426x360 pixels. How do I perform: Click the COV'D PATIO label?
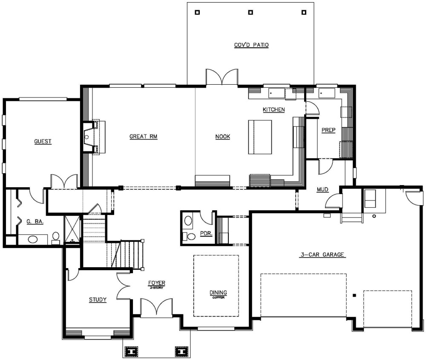point(251,45)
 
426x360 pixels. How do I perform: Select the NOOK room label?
point(222,137)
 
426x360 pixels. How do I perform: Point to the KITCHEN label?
point(273,110)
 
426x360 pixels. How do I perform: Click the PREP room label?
point(328,131)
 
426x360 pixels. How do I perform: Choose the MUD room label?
point(322,189)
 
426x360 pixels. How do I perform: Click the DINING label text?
point(218,293)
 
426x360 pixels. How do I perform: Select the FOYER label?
point(156,283)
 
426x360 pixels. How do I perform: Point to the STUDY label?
point(98,300)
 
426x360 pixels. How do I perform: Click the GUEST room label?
point(43,141)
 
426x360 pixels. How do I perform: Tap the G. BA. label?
point(35,222)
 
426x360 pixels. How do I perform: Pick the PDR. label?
point(206,234)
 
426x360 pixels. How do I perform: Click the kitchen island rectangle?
point(260,137)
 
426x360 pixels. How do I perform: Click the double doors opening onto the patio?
point(222,77)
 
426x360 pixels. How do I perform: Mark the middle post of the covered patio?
point(250,12)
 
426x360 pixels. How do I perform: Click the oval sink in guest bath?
point(33,238)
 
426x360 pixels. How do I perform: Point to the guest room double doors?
point(64,181)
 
